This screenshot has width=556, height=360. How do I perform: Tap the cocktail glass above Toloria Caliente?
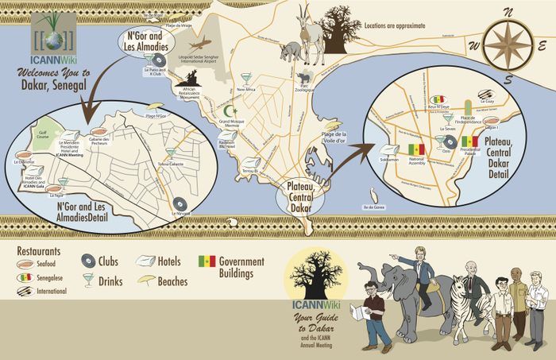(x=170, y=153)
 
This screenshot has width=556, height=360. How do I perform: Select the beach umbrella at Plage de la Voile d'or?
(x=328, y=126)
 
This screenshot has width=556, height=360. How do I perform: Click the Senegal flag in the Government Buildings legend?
(x=207, y=261)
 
